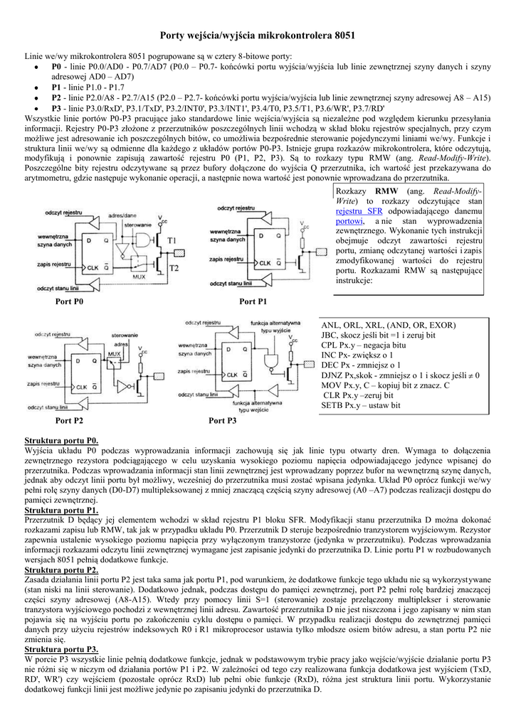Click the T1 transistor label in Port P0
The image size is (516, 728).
(172, 240)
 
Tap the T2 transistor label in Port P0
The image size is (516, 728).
(172, 267)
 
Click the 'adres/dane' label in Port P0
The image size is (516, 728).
(122, 215)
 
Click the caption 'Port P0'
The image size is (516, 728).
(70, 302)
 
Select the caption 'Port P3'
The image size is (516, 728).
(222, 421)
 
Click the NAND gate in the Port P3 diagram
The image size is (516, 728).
(272, 364)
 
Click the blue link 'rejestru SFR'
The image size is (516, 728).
(359, 212)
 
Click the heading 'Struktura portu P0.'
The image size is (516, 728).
(61, 441)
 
